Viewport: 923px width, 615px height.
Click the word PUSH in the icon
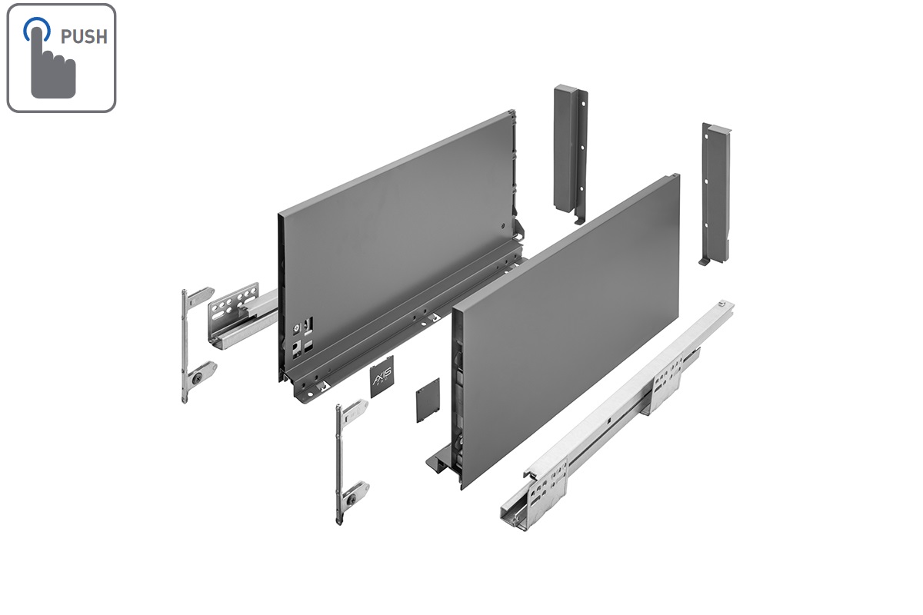pos(85,37)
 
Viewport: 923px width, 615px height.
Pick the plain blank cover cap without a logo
pos(426,401)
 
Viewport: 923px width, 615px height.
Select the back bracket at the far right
pos(714,192)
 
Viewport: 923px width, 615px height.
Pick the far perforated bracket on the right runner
pos(667,384)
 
